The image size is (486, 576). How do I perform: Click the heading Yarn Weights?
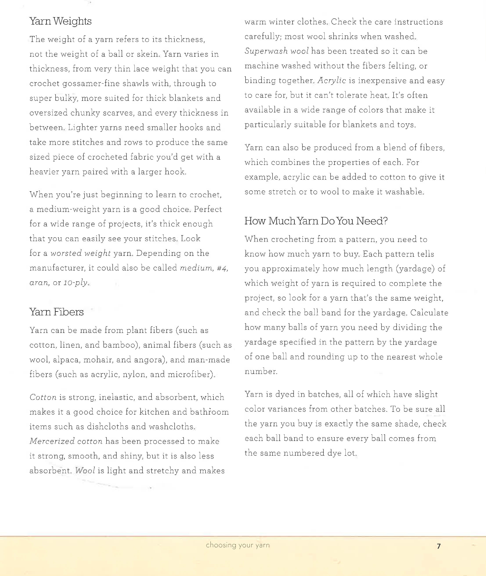pyautogui.click(x=60, y=21)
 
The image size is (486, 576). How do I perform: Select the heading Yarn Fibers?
pyautogui.click(x=56, y=312)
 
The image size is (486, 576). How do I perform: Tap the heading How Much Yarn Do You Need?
pyautogui.click(x=316, y=221)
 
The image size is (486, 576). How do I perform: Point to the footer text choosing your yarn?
pyautogui.click(x=237, y=545)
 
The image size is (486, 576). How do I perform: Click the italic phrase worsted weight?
pyautogui.click(x=80, y=253)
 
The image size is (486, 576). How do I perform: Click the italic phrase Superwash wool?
pyautogui.click(x=276, y=51)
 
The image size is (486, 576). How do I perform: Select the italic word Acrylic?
pyautogui.click(x=331, y=80)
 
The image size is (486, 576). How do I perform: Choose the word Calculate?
pyautogui.click(x=429, y=313)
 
